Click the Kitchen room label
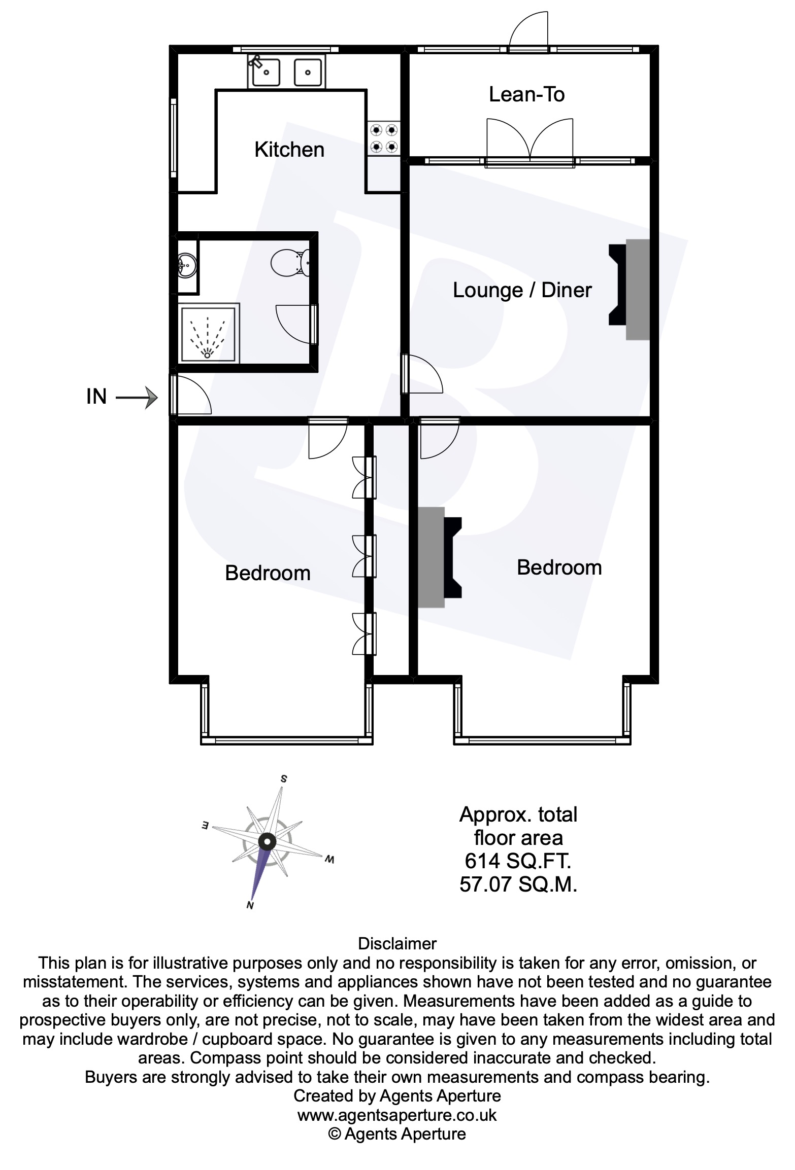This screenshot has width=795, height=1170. click(289, 150)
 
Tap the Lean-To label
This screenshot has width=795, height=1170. click(526, 94)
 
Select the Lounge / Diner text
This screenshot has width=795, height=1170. click(522, 290)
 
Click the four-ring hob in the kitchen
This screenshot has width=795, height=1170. click(384, 138)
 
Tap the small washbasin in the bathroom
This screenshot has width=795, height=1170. click(186, 265)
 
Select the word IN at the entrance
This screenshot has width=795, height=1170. click(96, 397)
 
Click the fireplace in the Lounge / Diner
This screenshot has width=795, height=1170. click(630, 290)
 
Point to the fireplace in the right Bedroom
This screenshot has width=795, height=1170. click(440, 557)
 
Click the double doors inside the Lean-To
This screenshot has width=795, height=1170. click(530, 140)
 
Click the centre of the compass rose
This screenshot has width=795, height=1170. click(267, 841)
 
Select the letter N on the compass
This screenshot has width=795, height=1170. click(250, 905)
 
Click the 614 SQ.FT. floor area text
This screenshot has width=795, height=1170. click(518, 861)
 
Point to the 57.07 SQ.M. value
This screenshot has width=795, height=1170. click(518, 884)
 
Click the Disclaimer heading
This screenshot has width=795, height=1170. click(397, 943)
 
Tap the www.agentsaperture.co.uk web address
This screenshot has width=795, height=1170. click(397, 1115)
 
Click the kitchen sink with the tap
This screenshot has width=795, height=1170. click(264, 72)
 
